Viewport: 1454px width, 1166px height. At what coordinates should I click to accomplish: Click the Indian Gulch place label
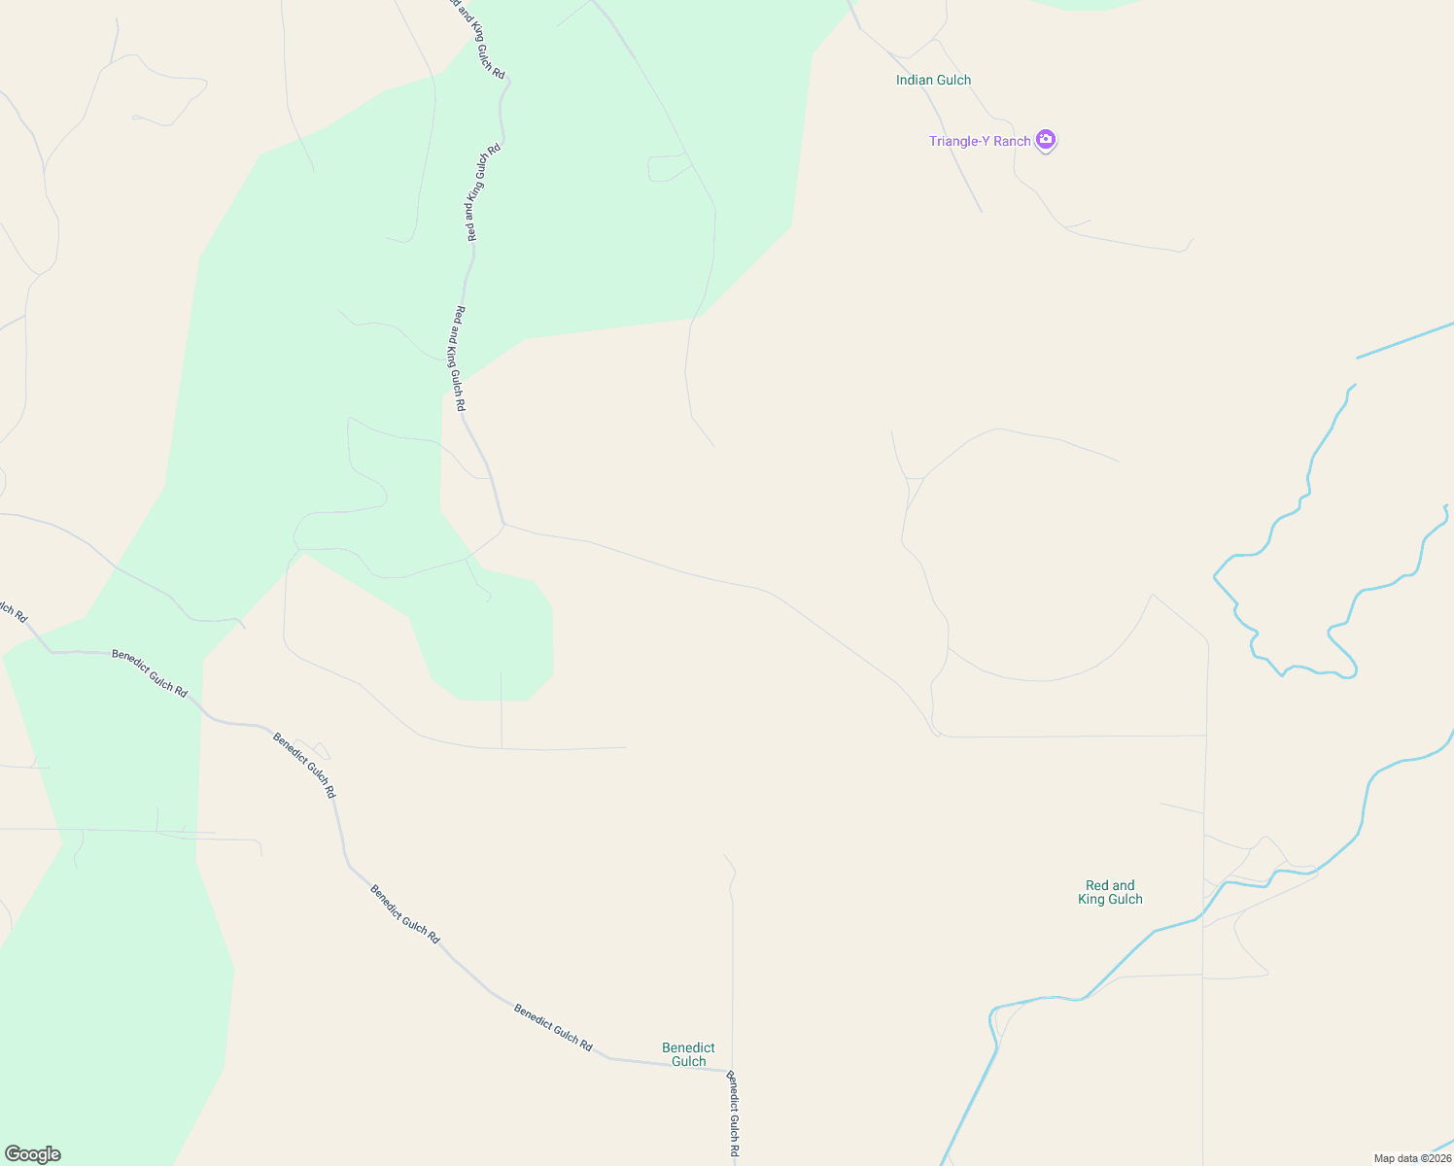coord(933,80)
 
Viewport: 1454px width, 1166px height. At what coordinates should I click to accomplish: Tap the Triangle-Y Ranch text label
coord(979,141)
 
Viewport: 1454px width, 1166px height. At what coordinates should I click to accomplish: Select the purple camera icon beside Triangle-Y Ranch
coord(1046,140)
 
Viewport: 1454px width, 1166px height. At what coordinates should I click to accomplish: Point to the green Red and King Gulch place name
coord(1110,892)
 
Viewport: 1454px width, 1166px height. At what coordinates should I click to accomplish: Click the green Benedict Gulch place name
coord(688,1054)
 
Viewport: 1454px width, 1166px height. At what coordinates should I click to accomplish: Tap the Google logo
coord(32,1154)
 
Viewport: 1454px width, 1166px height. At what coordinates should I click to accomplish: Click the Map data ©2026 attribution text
coord(1411,1158)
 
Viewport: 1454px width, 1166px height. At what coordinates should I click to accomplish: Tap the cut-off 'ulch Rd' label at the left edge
coord(12,609)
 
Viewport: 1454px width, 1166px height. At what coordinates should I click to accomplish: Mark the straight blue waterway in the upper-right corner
coord(1404,340)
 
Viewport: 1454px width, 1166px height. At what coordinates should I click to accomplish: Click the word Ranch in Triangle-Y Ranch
coord(1012,141)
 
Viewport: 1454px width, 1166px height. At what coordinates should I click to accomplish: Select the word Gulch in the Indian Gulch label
coord(953,80)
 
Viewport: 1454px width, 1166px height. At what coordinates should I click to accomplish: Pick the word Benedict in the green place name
coord(688,1047)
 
